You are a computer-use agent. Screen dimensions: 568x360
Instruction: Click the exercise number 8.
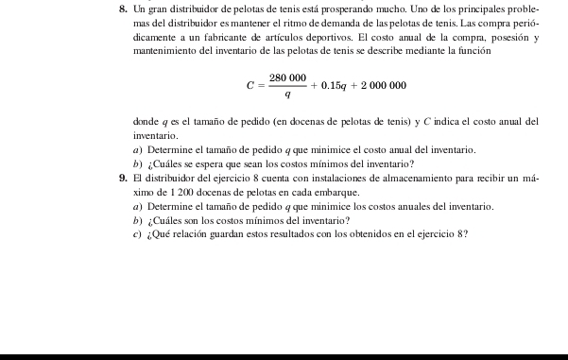point(124,9)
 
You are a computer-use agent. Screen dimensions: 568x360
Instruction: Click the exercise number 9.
point(124,178)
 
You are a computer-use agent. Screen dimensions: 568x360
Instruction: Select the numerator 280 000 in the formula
point(287,77)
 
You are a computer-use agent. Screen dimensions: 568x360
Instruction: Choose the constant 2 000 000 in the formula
point(382,86)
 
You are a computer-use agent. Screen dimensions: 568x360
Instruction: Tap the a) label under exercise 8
point(138,150)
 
